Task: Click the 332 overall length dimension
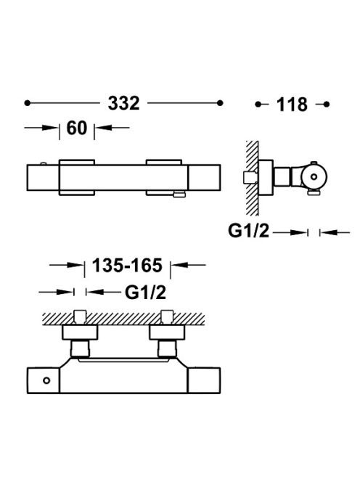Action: (123, 103)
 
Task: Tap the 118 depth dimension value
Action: (292, 105)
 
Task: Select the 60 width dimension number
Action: (77, 128)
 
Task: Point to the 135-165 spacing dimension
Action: (127, 265)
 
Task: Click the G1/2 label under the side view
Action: (248, 231)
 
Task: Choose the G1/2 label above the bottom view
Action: (145, 293)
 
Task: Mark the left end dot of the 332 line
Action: (28, 103)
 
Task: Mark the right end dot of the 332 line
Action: (220, 103)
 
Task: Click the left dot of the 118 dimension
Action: (258, 105)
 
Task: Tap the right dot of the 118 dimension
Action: (327, 105)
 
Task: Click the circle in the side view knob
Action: (314, 176)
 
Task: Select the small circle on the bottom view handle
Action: (46, 380)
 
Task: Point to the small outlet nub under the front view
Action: (179, 193)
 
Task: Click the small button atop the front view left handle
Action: (44, 163)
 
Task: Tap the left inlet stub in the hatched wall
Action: (81, 318)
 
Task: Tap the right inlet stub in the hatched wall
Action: (167, 318)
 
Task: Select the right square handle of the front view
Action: (204, 178)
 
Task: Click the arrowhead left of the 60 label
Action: (50, 128)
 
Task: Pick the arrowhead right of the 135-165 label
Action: (179, 265)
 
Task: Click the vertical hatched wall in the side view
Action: (252, 179)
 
